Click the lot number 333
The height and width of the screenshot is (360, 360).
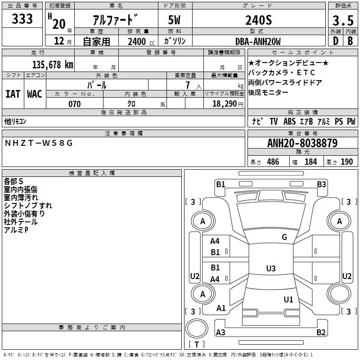coord(22,19)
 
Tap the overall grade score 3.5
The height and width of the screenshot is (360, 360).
coord(342,21)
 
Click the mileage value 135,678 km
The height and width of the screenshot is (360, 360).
coord(53,64)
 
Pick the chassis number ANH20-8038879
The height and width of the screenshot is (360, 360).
coord(302,143)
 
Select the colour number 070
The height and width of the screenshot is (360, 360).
coord(74,104)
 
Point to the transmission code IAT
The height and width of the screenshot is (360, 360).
coord(13,94)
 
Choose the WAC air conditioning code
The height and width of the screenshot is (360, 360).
coord(35,94)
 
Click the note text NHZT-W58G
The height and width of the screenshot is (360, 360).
coord(38,143)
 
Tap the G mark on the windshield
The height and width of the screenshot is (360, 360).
coord(284,237)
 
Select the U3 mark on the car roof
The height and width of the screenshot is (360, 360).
coord(270,269)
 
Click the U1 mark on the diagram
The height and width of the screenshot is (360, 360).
coord(288,299)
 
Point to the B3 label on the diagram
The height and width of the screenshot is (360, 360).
coord(321,184)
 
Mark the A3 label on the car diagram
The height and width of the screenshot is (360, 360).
coord(220,332)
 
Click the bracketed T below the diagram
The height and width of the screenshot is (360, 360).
coord(197,345)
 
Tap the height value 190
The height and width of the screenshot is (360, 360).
coord(347,162)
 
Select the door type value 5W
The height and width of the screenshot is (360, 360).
coord(175,21)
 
